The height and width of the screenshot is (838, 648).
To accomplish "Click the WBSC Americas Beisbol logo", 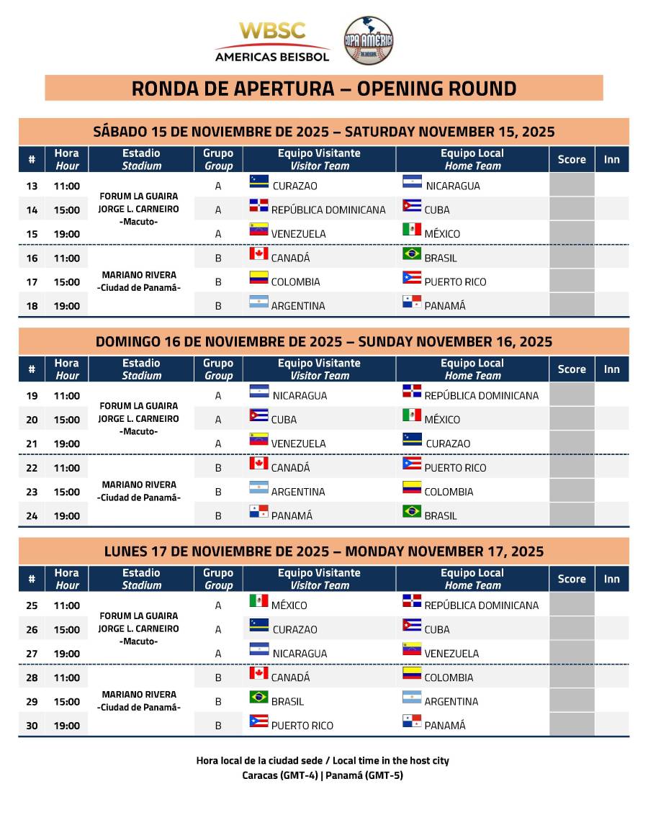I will point(272,42).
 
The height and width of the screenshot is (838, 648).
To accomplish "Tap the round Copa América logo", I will point(368,41).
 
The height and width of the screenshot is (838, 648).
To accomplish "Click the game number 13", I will point(32,186).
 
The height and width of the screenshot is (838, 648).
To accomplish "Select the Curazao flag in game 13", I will point(258,181).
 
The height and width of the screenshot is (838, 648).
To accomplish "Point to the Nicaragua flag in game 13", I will point(412,181).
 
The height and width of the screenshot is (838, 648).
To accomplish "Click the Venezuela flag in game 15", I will point(258,230).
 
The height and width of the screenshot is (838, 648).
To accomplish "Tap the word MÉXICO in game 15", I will point(442,234).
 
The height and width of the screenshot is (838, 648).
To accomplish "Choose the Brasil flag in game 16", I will point(412,253).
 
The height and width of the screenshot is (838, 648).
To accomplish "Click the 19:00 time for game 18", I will point(67,306).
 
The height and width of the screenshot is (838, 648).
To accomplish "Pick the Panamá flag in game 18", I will point(412,302).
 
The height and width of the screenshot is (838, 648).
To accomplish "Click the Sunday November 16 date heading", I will point(324,341).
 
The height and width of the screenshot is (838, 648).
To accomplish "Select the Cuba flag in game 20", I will point(258,415).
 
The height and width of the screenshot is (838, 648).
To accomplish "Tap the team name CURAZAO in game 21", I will point(448,443).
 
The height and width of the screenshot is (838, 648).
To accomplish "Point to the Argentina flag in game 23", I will point(258,487).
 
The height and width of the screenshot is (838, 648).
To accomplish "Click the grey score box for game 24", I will point(572,515).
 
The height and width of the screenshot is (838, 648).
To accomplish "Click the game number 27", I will point(32,654).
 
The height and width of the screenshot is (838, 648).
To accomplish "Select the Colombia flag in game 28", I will point(412,673).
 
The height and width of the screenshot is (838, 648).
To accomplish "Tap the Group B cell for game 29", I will point(218,701).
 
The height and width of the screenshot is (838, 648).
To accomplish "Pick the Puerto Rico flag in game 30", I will point(258,721).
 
